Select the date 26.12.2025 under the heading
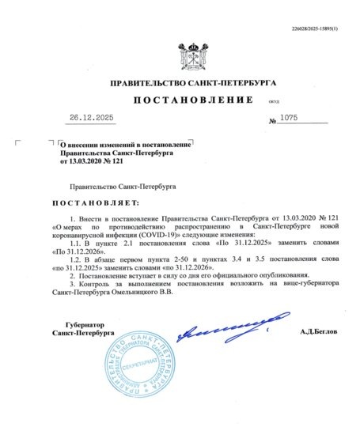(92, 118)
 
